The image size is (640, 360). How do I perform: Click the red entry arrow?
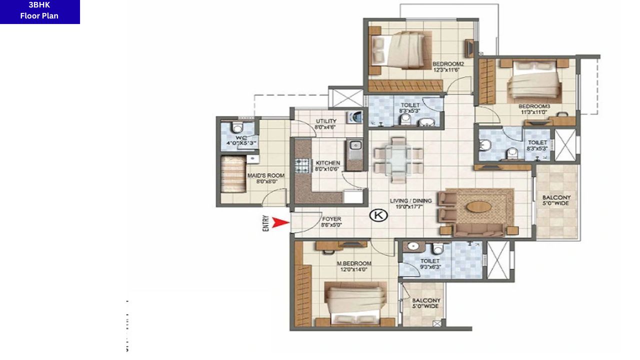pos(281,223)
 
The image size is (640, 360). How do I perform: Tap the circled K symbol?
pos(378,215)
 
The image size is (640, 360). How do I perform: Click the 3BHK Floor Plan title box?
pos(39,11)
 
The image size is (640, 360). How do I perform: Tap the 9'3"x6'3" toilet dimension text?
pos(429,267)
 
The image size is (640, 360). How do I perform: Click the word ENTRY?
pos(265,223)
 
